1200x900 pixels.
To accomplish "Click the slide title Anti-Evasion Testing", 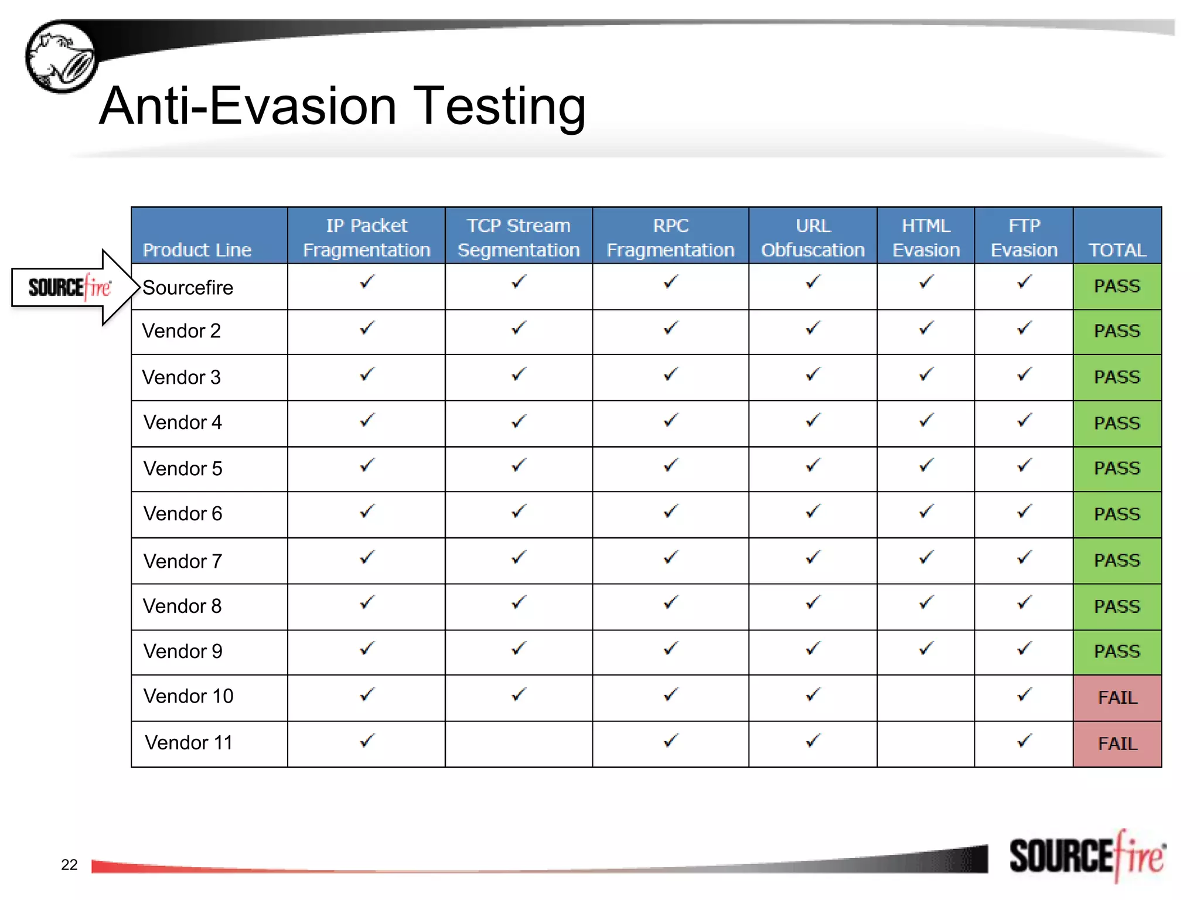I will (342, 107).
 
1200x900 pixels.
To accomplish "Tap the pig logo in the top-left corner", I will (61, 57).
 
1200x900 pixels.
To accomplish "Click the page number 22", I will (69, 865).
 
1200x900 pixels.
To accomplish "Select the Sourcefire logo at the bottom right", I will (1087, 857).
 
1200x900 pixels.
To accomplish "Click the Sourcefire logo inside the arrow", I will (69, 287).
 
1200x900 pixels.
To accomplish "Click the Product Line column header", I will (197, 250).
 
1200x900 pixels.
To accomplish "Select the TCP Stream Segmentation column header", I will (519, 237).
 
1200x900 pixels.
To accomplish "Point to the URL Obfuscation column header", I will (813, 237).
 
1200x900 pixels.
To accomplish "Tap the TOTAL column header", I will (1117, 250).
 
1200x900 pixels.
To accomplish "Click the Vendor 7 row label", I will (183, 561).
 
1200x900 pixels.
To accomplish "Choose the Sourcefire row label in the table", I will (188, 288).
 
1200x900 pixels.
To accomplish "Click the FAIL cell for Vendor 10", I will (1117, 697).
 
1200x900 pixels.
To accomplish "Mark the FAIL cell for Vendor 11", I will (1117, 744).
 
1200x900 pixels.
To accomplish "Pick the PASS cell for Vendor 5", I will (1117, 468).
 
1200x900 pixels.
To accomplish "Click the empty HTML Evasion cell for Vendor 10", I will (926, 697).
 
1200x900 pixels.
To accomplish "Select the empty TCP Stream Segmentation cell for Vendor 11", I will (519, 744).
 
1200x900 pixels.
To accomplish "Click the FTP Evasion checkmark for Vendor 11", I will (1024, 741).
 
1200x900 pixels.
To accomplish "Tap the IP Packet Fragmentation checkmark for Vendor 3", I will (367, 374).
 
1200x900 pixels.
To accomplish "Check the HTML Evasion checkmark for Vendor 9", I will (926, 649).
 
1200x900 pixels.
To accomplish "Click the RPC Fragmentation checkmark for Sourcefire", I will (670, 282).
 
